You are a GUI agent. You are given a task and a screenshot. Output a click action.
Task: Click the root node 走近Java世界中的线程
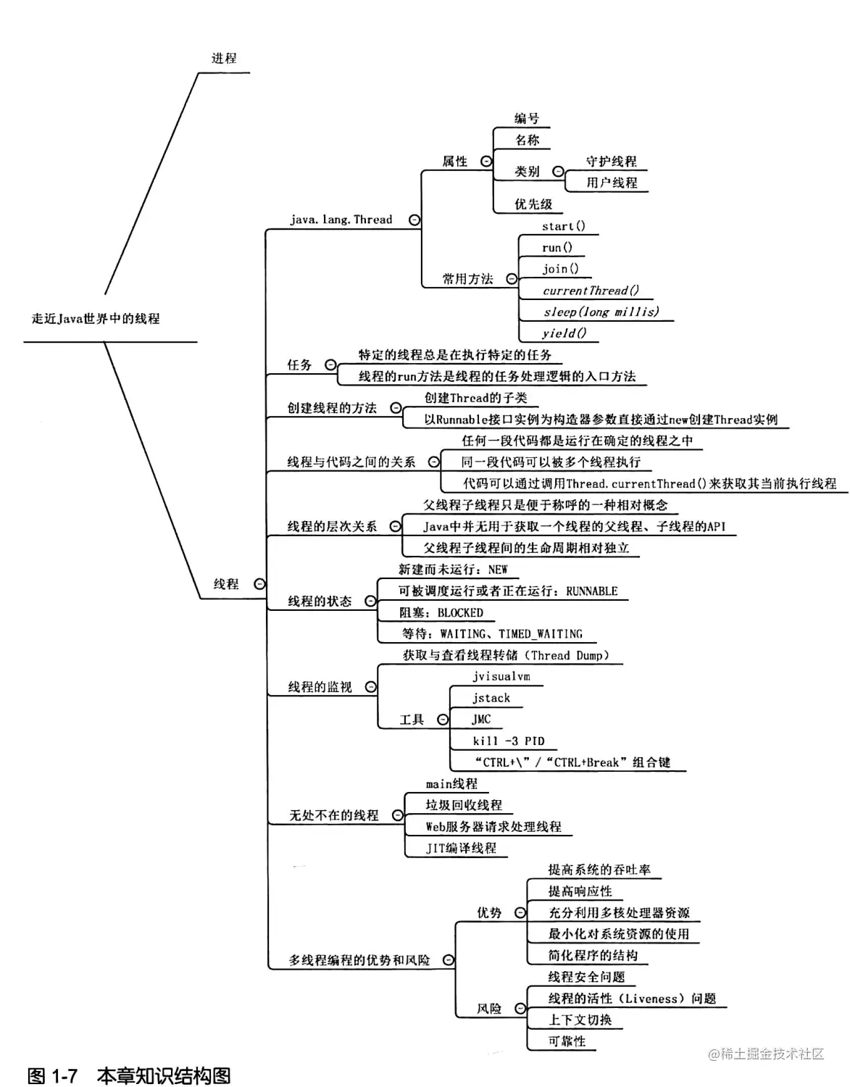(x=96, y=319)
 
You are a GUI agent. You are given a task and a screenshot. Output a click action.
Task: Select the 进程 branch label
(x=224, y=59)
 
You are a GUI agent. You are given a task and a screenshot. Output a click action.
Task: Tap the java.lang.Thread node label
(x=341, y=220)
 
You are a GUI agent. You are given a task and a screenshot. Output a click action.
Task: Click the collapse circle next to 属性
(x=486, y=162)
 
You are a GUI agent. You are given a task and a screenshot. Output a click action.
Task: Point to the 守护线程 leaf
(x=611, y=162)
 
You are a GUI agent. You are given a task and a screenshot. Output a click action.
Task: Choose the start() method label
(x=563, y=226)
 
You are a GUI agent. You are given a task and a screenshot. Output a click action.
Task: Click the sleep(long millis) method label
(x=601, y=312)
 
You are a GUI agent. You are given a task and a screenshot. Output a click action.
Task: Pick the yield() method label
(x=564, y=333)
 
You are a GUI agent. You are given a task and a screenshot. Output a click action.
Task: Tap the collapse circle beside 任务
(x=330, y=365)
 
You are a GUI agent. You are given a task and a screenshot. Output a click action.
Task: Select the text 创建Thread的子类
(x=475, y=398)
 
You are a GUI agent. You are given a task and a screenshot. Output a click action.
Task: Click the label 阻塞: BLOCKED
(x=441, y=613)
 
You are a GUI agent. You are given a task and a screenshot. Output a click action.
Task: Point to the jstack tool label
(x=491, y=699)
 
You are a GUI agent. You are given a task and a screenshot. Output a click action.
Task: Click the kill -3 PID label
(x=508, y=741)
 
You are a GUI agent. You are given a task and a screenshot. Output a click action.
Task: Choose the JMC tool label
(x=481, y=720)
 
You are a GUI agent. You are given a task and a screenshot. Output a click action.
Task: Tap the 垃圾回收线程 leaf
(x=463, y=805)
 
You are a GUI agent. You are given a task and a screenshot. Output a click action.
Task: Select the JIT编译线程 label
(x=461, y=848)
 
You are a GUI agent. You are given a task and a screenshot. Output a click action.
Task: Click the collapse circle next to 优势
(x=520, y=913)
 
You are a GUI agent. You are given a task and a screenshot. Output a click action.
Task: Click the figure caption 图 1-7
(x=52, y=1075)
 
